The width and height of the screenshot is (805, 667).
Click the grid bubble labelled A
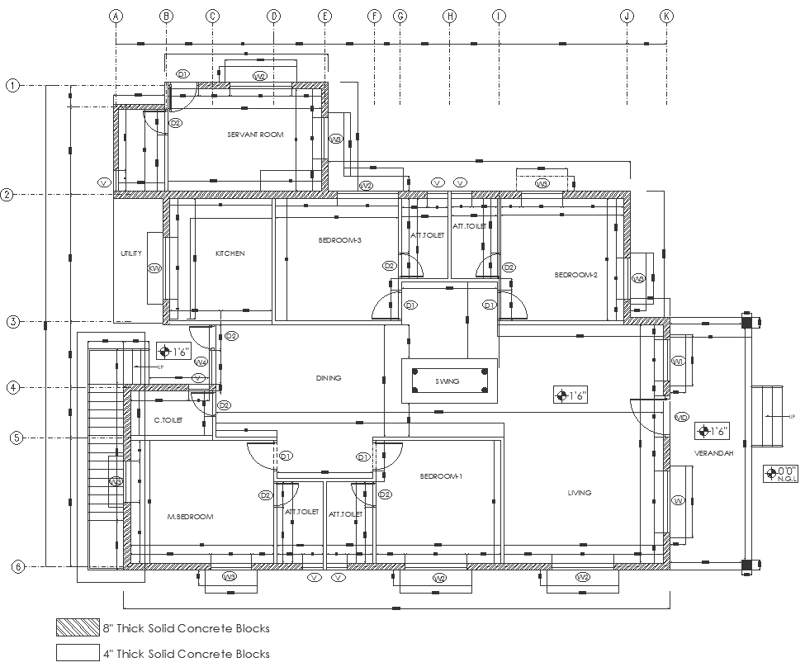tap(116, 16)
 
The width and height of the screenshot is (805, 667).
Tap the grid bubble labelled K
tap(667, 16)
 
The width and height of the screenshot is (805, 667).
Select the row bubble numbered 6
tap(17, 566)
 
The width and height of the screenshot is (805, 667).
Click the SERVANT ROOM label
tap(255, 134)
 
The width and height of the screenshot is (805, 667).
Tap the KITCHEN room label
tap(230, 253)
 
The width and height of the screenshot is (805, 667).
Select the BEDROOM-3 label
tap(339, 240)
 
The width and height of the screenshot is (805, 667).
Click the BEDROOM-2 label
tap(575, 275)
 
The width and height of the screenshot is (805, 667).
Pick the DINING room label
tap(328, 378)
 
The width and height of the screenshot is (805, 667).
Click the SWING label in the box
tap(448, 381)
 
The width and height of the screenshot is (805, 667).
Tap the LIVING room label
tap(580, 493)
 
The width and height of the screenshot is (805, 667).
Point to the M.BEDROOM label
tap(191, 517)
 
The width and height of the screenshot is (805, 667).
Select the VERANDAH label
tap(710, 454)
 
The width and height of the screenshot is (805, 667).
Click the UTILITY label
tap(131, 253)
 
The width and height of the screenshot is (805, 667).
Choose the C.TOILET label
tap(168, 420)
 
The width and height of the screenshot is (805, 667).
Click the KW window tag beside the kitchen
tap(154, 268)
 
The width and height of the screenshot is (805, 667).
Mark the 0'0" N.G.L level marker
tap(779, 474)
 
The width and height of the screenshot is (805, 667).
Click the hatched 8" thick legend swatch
tap(76, 628)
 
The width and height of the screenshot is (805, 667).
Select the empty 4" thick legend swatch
tap(76, 653)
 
